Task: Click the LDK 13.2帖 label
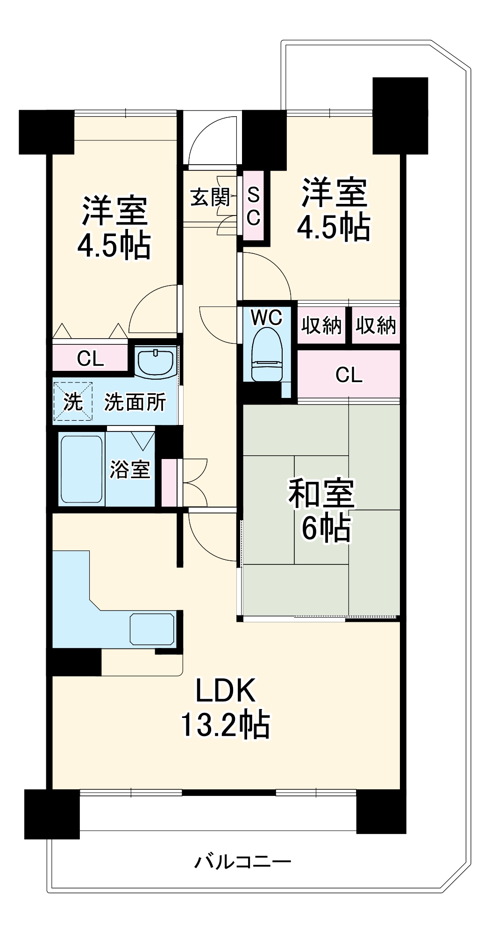point(225,708)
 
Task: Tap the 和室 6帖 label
point(322,511)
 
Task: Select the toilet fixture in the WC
point(267,354)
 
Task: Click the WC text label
point(267,318)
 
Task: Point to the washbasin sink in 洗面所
point(156,361)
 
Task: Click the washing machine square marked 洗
point(73,402)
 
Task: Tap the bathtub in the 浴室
point(81,469)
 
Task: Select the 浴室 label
point(130,469)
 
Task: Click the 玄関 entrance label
point(210,197)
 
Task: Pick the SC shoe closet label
point(253,206)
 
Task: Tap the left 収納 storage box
point(321,325)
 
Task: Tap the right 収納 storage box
point(376,325)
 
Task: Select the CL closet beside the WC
point(349,374)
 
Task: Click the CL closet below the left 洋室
point(90,358)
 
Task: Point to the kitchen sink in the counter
point(152,629)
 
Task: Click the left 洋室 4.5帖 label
point(114,228)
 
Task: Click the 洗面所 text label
point(135,402)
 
